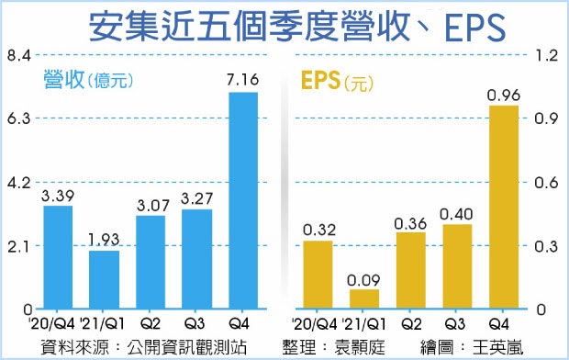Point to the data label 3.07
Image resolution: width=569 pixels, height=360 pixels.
(x=151, y=202)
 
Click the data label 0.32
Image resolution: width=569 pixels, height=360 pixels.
(x=318, y=228)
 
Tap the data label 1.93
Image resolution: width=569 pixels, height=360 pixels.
(x=104, y=239)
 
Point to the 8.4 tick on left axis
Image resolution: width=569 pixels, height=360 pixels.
(x=17, y=56)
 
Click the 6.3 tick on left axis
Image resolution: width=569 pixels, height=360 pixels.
(x=17, y=119)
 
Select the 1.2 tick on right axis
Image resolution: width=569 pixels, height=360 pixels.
(x=547, y=56)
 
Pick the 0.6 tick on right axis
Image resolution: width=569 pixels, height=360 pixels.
(x=547, y=183)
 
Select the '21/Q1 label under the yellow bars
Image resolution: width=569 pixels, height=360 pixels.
(x=364, y=322)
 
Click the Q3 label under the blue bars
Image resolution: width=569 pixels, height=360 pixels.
(x=196, y=322)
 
